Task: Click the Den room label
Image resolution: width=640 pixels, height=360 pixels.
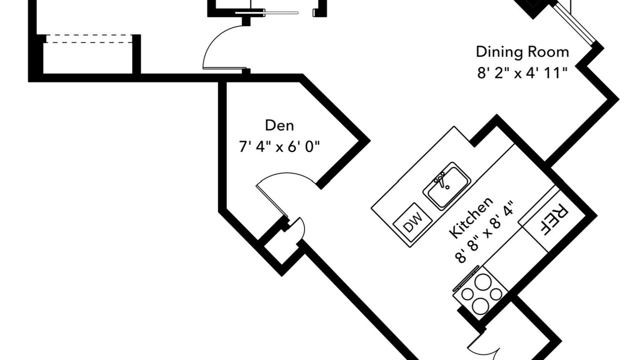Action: tap(279, 125)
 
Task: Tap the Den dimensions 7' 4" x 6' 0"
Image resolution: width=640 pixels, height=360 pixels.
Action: tap(279, 147)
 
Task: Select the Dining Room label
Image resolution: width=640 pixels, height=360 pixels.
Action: tap(522, 52)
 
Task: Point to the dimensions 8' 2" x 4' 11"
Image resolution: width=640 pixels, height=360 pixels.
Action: tap(522, 73)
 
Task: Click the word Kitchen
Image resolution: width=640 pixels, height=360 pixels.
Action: tap(470, 217)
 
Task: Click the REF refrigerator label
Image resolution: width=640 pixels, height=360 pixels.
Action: tap(552, 220)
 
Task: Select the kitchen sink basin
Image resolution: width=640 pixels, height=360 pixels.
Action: tap(447, 186)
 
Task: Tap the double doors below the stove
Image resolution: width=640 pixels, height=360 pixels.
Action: tap(482, 350)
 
